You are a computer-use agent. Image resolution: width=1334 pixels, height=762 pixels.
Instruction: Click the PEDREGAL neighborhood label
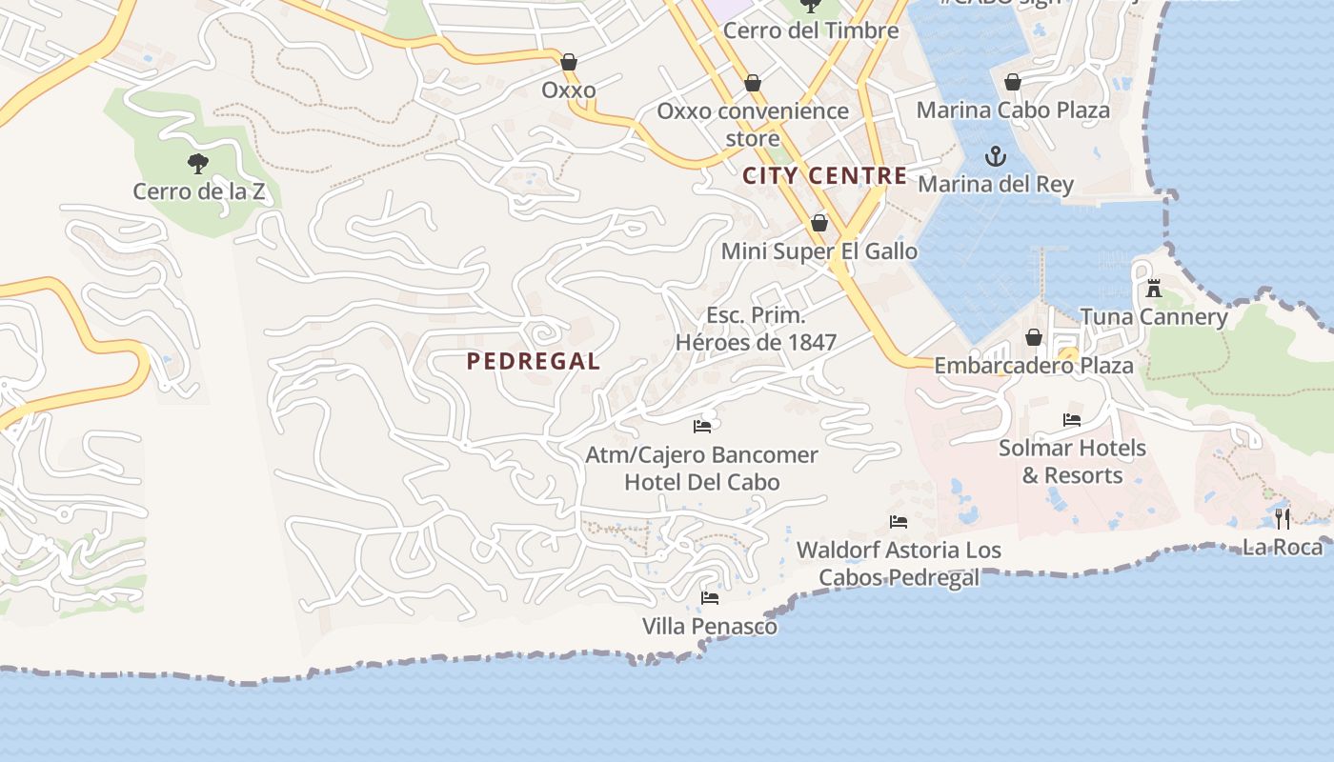(x=534, y=361)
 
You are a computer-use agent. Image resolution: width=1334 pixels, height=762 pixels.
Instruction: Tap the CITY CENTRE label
(x=824, y=175)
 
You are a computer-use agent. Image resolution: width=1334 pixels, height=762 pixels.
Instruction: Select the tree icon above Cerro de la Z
(x=197, y=163)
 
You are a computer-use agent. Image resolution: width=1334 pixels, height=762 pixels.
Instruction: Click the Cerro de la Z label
(x=197, y=191)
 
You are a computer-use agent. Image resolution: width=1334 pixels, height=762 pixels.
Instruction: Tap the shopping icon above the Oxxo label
(x=569, y=62)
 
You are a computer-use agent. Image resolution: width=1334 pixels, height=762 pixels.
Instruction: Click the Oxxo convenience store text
(x=753, y=124)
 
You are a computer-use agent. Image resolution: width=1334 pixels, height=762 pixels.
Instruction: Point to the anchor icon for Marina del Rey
(x=996, y=155)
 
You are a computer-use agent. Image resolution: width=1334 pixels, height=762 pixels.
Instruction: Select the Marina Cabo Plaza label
(x=1013, y=110)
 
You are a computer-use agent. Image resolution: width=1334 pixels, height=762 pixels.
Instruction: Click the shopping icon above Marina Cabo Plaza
(x=1012, y=82)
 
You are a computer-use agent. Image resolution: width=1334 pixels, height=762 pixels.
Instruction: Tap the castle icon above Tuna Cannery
(x=1154, y=288)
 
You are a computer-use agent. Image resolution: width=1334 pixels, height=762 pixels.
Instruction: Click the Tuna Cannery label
(x=1154, y=317)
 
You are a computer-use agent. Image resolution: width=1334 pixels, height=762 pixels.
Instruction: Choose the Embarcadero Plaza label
(x=1034, y=366)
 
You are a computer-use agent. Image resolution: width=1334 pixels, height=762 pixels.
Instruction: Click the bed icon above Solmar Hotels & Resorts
(x=1072, y=419)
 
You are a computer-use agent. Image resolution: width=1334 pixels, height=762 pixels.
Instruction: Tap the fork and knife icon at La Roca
(x=1283, y=518)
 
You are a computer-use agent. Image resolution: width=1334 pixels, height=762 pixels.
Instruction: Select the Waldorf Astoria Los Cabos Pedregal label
(x=899, y=563)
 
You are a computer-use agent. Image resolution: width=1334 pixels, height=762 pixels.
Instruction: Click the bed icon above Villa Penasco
(x=710, y=597)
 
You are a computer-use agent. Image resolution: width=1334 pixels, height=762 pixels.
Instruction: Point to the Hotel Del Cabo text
(x=701, y=482)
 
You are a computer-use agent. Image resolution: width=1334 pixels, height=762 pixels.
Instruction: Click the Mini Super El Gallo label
(x=819, y=251)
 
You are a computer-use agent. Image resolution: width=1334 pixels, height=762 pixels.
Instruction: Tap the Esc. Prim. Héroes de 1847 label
(x=756, y=329)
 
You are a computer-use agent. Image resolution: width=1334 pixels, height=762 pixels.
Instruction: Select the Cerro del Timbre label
(x=811, y=30)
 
